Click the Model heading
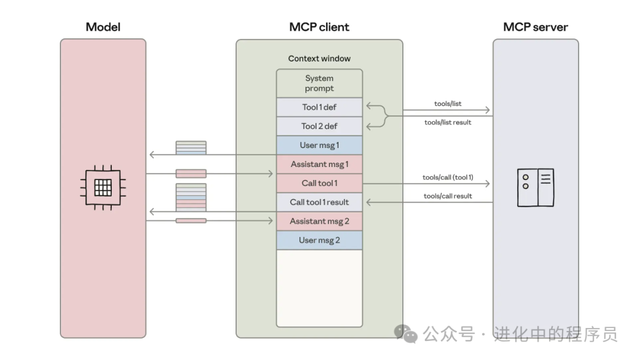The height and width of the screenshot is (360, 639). [103, 27]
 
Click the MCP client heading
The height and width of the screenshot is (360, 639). [319, 27]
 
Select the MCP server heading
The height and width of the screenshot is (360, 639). [535, 27]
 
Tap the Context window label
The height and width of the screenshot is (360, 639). [319, 59]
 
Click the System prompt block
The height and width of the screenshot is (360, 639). [319, 83]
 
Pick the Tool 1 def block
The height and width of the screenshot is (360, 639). [319, 107]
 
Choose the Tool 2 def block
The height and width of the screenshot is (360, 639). [319, 126]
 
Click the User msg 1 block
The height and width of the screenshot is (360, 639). [319, 145]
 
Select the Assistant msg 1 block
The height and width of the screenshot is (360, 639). [319, 164]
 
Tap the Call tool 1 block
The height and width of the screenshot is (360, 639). [319, 183]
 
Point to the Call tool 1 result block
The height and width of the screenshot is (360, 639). [319, 202]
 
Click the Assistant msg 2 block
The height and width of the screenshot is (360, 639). [319, 221]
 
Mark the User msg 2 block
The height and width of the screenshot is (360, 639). [319, 240]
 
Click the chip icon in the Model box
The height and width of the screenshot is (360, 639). [103, 188]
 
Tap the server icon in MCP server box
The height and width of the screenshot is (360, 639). [535, 187]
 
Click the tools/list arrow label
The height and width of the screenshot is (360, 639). [448, 104]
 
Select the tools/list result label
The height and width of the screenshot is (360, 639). [448, 123]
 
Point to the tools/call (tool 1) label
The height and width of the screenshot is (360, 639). [448, 178]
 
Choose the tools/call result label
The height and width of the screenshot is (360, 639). [448, 196]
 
